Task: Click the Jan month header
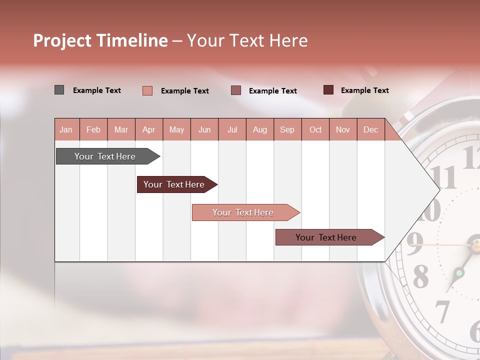pos(66,129)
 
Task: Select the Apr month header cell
pos(149,129)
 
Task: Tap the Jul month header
pos(232,129)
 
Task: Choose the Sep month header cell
pos(287,129)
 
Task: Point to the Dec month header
pos(370,129)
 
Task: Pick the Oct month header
pos(315,129)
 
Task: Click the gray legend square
pos(59,90)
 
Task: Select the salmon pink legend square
pos(147,90)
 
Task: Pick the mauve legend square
pos(236,90)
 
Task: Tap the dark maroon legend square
pos(328,90)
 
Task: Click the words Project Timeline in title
pos(100,40)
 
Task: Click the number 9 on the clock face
pos(414,243)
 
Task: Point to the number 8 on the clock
pos(420,276)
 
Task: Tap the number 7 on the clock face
pos(442,311)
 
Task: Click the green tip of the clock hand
pos(458,273)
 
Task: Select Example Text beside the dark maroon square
pos(364,90)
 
